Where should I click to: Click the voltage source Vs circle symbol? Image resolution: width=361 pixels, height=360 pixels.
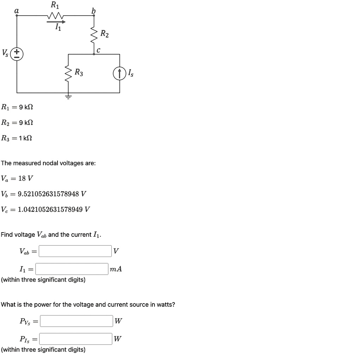17,54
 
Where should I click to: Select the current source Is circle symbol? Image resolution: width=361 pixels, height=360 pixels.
120,73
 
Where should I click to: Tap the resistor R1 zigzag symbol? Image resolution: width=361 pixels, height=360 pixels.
55,16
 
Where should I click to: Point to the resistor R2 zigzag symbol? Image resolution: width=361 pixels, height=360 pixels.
94,35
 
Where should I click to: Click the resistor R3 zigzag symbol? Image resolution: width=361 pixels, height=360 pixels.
68,73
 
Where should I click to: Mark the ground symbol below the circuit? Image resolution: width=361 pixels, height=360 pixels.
68,96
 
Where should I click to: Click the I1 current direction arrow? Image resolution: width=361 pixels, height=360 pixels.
56,22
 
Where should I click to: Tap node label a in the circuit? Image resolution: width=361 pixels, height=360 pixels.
17,11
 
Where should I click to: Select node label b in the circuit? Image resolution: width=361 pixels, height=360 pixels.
93,11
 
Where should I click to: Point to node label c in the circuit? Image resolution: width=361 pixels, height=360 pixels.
98,50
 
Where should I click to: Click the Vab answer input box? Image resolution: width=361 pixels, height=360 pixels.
75,251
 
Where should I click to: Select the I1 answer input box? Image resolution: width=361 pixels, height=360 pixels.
72,269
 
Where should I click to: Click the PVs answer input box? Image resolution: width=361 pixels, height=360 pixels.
77,321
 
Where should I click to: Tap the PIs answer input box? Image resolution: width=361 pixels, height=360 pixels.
76,339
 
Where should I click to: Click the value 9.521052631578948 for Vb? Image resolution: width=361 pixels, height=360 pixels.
48,194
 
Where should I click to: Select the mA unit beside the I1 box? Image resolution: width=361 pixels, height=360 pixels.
116,269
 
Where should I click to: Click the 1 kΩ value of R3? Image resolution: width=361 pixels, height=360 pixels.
25,138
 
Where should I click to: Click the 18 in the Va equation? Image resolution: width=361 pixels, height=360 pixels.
22,178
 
